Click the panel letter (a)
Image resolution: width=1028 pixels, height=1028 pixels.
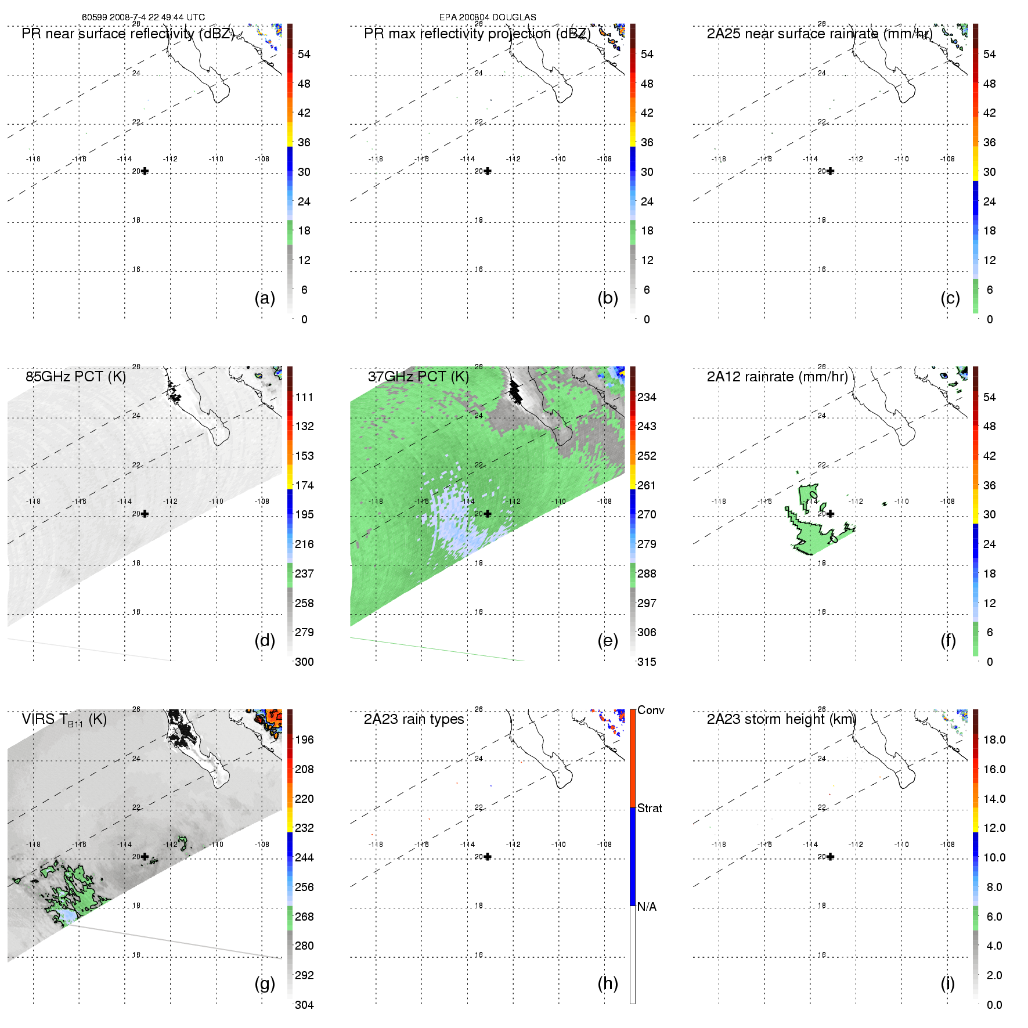click(x=265, y=298)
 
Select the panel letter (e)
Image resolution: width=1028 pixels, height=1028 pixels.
click(x=607, y=641)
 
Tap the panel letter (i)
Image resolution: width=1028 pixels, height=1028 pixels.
click(x=947, y=983)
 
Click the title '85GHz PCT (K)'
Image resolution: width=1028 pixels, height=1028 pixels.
click(x=75, y=377)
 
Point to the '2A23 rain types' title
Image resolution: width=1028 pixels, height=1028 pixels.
click(x=414, y=719)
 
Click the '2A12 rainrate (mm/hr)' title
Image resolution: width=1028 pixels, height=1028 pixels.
click(x=777, y=377)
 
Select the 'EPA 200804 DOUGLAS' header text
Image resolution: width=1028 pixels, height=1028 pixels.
click(x=488, y=17)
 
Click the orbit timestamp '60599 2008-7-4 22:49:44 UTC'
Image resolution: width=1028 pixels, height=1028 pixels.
click(x=143, y=17)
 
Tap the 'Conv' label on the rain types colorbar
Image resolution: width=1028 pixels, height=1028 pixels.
click(x=651, y=710)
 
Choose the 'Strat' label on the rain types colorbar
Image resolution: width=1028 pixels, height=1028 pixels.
click(x=650, y=808)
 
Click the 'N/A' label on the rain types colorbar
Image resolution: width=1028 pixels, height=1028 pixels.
click(x=647, y=907)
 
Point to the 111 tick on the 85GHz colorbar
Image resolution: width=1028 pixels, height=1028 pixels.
click(x=304, y=398)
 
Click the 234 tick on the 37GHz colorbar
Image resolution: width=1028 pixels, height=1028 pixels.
click(x=647, y=398)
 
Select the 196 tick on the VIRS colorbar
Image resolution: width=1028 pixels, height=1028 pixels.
click(x=304, y=740)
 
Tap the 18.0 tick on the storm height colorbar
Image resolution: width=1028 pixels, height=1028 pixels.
click(x=994, y=740)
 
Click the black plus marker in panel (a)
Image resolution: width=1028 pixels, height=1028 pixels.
click(x=145, y=171)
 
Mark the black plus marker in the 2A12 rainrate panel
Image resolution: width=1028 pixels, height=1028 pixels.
click(x=830, y=514)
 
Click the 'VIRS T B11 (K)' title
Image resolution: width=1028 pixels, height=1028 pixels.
click(x=64, y=720)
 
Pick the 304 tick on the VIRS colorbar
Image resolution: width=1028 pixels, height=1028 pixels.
click(x=304, y=1005)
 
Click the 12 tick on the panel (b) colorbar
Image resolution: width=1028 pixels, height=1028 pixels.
click(x=647, y=261)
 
